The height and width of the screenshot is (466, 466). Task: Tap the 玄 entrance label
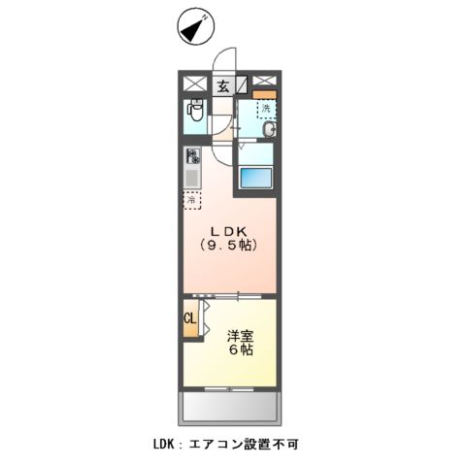pos(223,85)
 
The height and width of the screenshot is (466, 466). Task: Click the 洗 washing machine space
pos(265,109)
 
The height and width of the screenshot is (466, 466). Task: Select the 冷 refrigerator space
pos(192,199)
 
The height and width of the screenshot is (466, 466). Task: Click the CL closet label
pos(189,317)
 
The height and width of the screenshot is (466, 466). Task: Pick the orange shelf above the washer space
pos(264,94)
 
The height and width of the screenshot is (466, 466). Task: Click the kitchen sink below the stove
pos(193,178)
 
